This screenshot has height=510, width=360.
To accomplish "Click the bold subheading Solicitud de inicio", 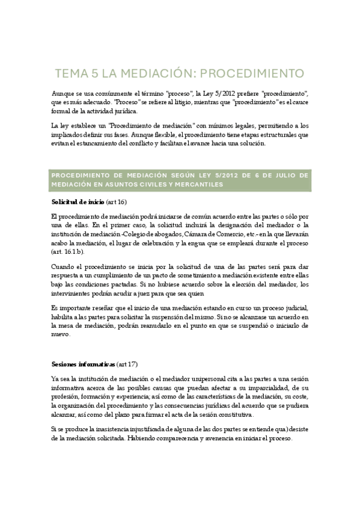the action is tap(79, 201).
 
